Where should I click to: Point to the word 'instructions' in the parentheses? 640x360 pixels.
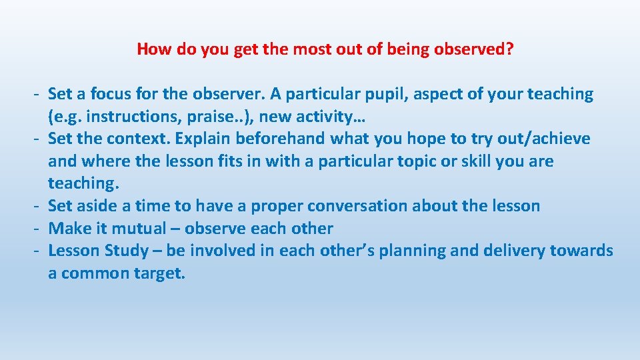124,117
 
